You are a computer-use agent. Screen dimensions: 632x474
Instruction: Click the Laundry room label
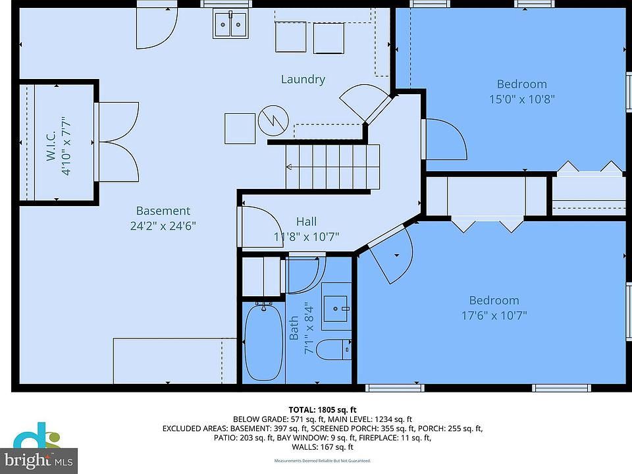[x=303, y=79]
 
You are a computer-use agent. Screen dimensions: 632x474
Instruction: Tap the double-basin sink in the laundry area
[x=230, y=24]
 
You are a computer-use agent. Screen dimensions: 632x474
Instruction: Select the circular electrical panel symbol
[x=273, y=120]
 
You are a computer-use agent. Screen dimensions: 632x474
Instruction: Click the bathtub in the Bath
[x=264, y=342]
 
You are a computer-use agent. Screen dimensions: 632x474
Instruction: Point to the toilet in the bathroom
[x=333, y=350]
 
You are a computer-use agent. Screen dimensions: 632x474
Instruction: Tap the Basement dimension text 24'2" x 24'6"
[x=163, y=225]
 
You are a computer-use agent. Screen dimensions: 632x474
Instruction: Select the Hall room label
[x=306, y=221]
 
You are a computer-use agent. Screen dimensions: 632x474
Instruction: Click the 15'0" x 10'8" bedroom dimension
[x=522, y=99]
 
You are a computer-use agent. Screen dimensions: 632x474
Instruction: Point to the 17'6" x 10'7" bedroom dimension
[x=494, y=315]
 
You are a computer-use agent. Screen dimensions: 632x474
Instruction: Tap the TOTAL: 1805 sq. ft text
[x=323, y=410]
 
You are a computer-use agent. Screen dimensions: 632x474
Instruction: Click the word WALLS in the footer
[x=304, y=446]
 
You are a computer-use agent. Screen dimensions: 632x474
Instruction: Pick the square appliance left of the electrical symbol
[x=240, y=128]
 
